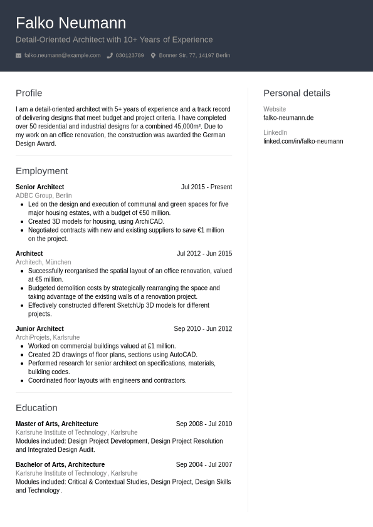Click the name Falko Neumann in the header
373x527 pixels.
pyautogui.click(x=71, y=23)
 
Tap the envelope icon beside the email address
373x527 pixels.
pyautogui.click(x=19, y=56)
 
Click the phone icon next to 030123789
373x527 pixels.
pyautogui.click(x=110, y=56)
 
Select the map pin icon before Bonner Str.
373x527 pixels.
pyautogui.click(x=153, y=56)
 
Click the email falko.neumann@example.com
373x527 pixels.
pyautogui.click(x=62, y=56)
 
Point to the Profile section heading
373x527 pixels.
pyautogui.click(x=29, y=93)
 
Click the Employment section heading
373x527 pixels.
pyautogui.click(x=41, y=171)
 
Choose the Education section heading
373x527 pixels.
pyautogui.click(x=36, y=408)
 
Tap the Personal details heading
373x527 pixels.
pyautogui.click(x=297, y=93)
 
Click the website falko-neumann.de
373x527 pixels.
pyautogui.click(x=288, y=118)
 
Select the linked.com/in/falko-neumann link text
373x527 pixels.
pyautogui.click(x=303, y=142)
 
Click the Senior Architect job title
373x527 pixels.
pyautogui.click(x=39, y=187)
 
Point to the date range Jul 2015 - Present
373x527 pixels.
pyautogui.click(x=206, y=187)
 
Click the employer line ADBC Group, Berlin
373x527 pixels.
pyautogui.click(x=43, y=196)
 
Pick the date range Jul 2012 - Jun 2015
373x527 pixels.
pyautogui.click(x=204, y=254)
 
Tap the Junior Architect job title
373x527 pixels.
pyautogui.click(x=39, y=329)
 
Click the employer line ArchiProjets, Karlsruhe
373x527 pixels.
pyautogui.click(x=48, y=338)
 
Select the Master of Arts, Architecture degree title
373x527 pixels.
pyautogui.click(x=56, y=424)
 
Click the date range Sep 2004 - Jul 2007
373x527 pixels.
pyautogui.click(x=204, y=465)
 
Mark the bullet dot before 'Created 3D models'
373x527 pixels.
pyautogui.click(x=22, y=222)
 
